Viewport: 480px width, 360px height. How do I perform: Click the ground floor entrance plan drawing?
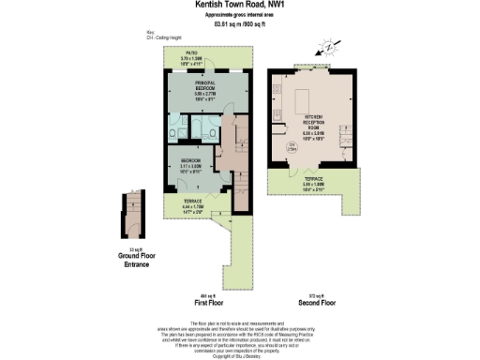(129, 218)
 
